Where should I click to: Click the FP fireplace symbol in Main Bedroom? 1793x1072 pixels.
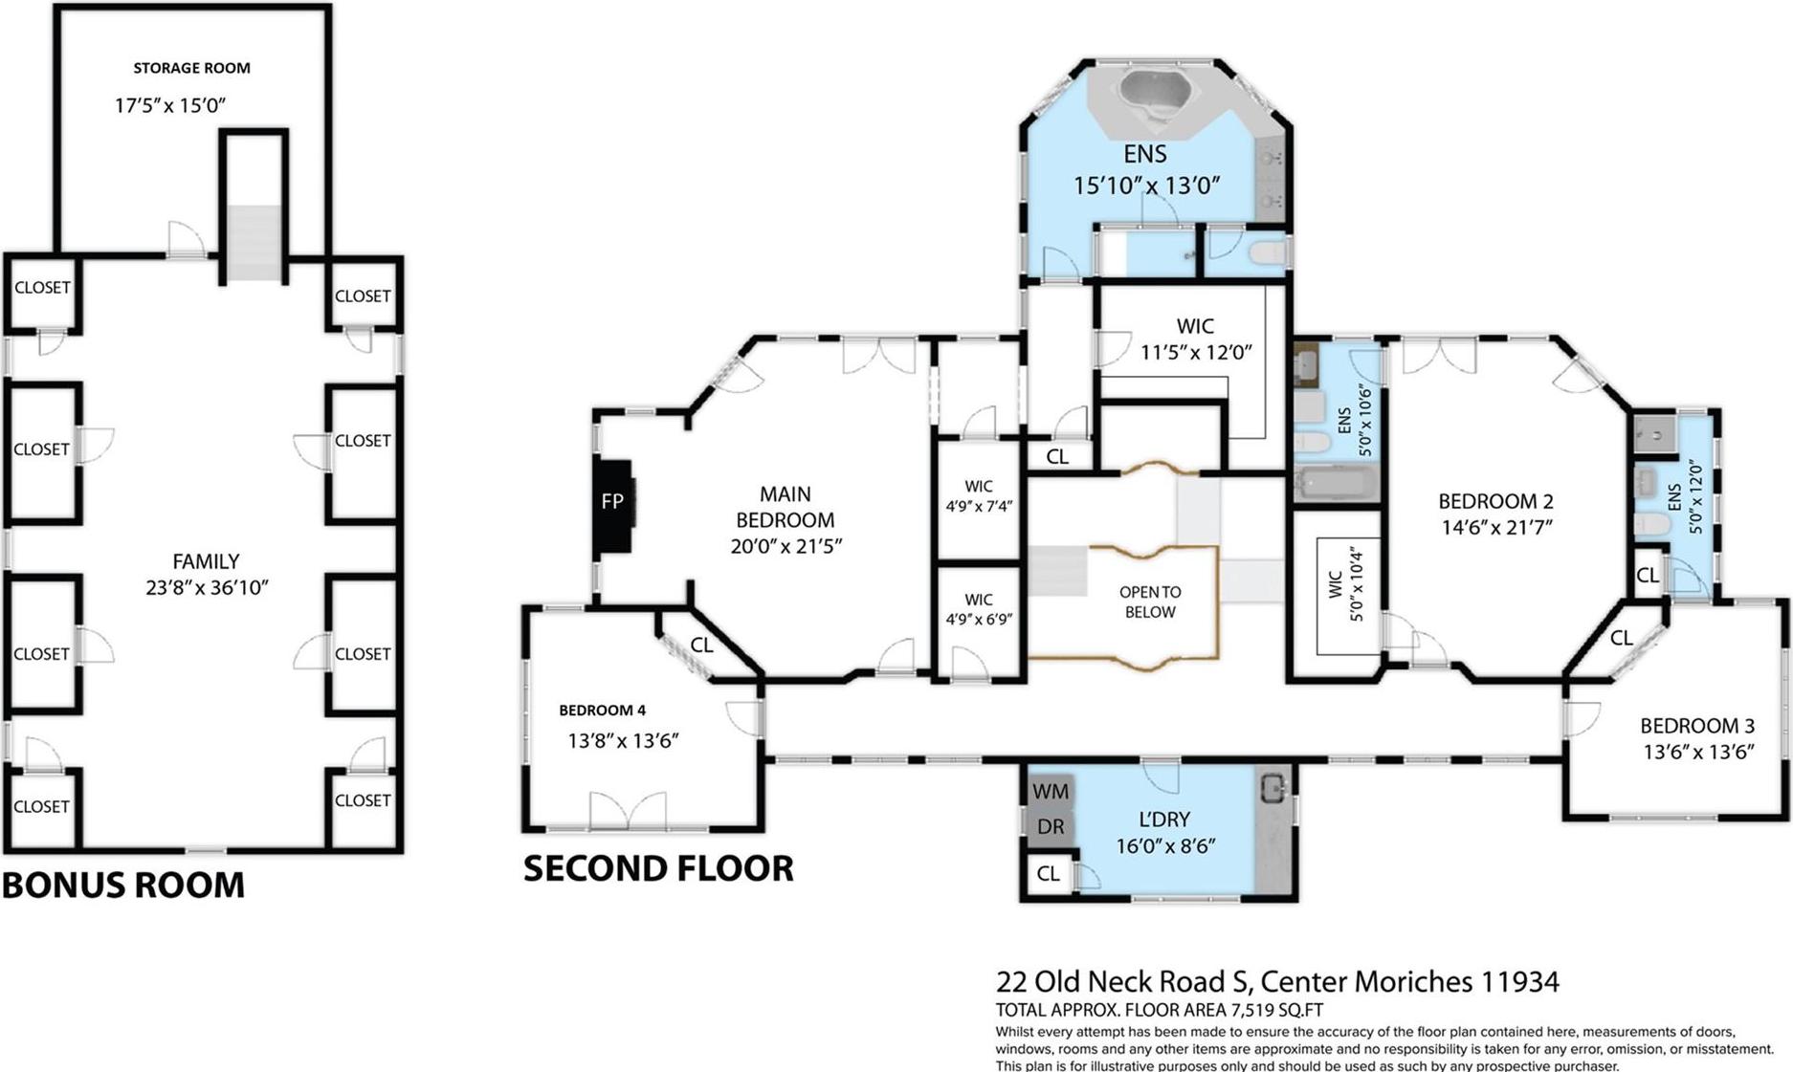pyautogui.click(x=612, y=502)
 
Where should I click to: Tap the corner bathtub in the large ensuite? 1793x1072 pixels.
pyautogui.click(x=1155, y=97)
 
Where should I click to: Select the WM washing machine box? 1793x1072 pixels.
pyautogui.click(x=1050, y=792)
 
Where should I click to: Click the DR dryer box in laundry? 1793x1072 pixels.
pyautogui.click(x=1050, y=827)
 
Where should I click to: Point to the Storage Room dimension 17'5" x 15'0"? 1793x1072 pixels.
pyautogui.click(x=170, y=105)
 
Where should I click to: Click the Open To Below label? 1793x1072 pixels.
pyautogui.click(x=1150, y=602)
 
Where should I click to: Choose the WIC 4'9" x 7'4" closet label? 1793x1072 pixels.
pyautogui.click(x=979, y=495)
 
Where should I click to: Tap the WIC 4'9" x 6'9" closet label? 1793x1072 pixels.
pyautogui.click(x=979, y=609)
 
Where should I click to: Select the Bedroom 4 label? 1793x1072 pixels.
pyautogui.click(x=602, y=710)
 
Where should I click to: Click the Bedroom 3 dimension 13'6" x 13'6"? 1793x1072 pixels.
pyautogui.click(x=1698, y=753)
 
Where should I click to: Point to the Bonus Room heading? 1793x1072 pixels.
pyautogui.click(x=123, y=886)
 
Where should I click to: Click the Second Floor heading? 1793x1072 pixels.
pyautogui.click(x=658, y=868)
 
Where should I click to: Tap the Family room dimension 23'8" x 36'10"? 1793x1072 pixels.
pyautogui.click(x=207, y=587)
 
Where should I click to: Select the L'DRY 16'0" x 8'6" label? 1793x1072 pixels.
pyautogui.click(x=1165, y=832)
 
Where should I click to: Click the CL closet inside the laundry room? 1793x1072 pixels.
pyautogui.click(x=1048, y=873)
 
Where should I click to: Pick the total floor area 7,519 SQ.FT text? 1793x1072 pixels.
pyautogui.click(x=1159, y=1010)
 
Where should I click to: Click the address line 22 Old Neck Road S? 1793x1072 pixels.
pyautogui.click(x=1276, y=981)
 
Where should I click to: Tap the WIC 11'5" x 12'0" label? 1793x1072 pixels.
pyautogui.click(x=1196, y=339)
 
